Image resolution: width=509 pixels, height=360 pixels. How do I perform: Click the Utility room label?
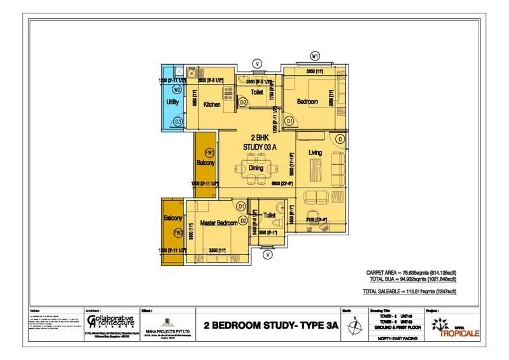pos(172,102)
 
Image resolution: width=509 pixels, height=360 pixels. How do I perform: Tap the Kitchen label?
pos(212,104)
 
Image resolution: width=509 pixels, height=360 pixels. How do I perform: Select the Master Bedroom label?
pos(214,222)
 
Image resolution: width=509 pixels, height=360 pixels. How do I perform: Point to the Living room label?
pos(314,153)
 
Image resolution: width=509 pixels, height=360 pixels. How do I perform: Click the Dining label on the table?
pos(256,168)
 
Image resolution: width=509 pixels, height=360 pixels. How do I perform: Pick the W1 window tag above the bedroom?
pos(315,56)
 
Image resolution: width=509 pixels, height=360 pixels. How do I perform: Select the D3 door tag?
pos(178,121)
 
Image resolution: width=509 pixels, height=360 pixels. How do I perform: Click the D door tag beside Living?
pos(340,139)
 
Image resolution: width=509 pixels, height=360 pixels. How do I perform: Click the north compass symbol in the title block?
pos(354,325)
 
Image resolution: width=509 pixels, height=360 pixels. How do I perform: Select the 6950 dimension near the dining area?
pos(281,183)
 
